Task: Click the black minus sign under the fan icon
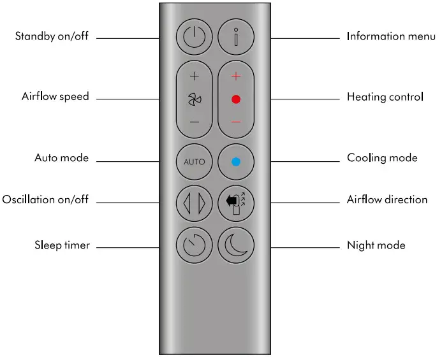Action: [x=195, y=122]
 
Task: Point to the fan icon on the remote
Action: [x=195, y=99]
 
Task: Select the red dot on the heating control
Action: [x=236, y=99]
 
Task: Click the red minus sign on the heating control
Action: [x=236, y=122]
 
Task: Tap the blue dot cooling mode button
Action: [x=236, y=161]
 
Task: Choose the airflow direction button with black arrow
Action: [x=236, y=203]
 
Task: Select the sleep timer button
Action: [x=195, y=244]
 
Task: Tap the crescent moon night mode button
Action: [x=236, y=244]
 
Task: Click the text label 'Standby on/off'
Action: [x=52, y=36]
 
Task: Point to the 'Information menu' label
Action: [x=391, y=36]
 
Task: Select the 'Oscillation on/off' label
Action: [x=45, y=199]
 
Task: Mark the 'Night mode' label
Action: [x=376, y=245]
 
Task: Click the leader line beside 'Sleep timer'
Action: [x=128, y=247]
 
